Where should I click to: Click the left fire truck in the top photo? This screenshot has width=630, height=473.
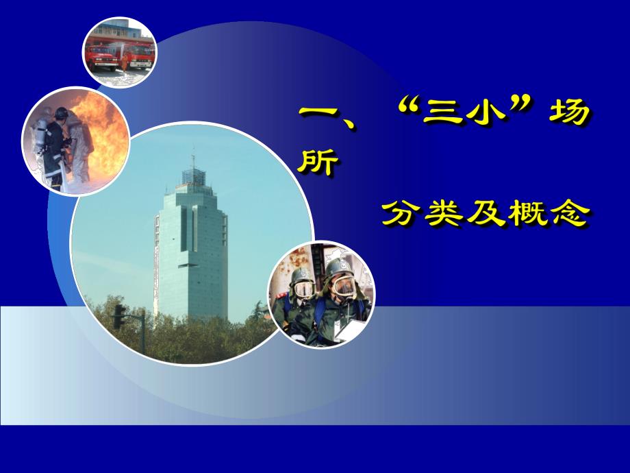(x=101, y=56)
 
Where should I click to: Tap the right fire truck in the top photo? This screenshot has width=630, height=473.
(x=138, y=56)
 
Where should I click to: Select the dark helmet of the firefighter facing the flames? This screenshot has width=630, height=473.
(x=62, y=113)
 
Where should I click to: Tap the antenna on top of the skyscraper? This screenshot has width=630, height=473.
(x=192, y=162)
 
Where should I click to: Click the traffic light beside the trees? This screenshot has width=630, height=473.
(x=119, y=315)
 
